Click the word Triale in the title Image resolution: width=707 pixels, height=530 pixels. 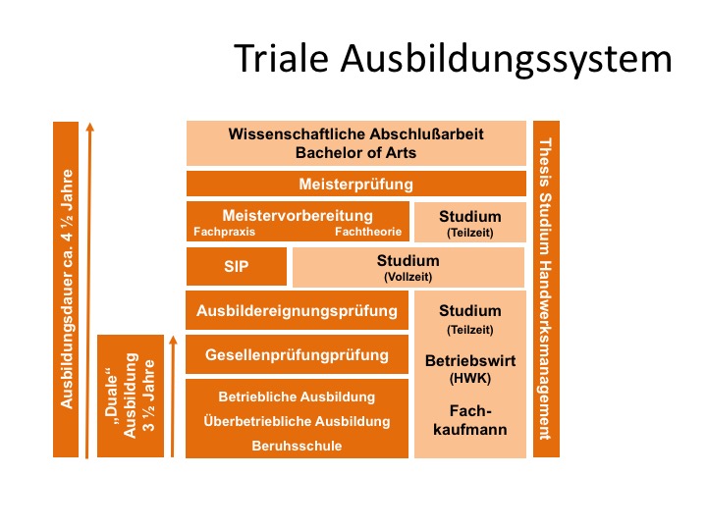(x=282, y=59)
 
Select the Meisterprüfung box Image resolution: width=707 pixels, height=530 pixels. (x=356, y=184)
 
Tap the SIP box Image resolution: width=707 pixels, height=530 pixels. (x=237, y=266)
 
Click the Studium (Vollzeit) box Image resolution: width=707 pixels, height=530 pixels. (x=408, y=267)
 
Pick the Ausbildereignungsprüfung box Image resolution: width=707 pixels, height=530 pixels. (x=298, y=310)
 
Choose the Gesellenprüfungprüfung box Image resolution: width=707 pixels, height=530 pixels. (x=298, y=354)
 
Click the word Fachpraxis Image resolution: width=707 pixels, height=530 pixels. (x=224, y=232)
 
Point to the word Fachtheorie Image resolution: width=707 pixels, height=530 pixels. (x=368, y=232)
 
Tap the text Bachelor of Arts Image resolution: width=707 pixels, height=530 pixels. (x=355, y=153)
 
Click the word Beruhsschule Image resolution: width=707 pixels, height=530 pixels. (x=297, y=446)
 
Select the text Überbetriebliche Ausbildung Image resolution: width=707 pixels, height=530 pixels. (x=297, y=421)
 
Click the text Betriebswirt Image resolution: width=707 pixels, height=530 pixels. (x=470, y=360)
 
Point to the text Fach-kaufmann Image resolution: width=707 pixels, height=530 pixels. (x=470, y=420)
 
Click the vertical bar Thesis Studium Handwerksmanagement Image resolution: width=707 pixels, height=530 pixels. (x=546, y=289)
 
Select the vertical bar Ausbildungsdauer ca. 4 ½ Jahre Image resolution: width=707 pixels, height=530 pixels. (x=66, y=290)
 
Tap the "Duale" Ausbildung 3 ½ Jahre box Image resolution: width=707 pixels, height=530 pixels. (x=131, y=396)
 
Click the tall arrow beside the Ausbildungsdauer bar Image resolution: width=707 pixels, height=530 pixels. (x=88, y=291)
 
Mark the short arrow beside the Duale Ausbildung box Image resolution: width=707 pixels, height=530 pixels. (x=173, y=397)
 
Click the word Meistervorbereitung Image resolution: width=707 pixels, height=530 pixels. (x=298, y=215)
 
